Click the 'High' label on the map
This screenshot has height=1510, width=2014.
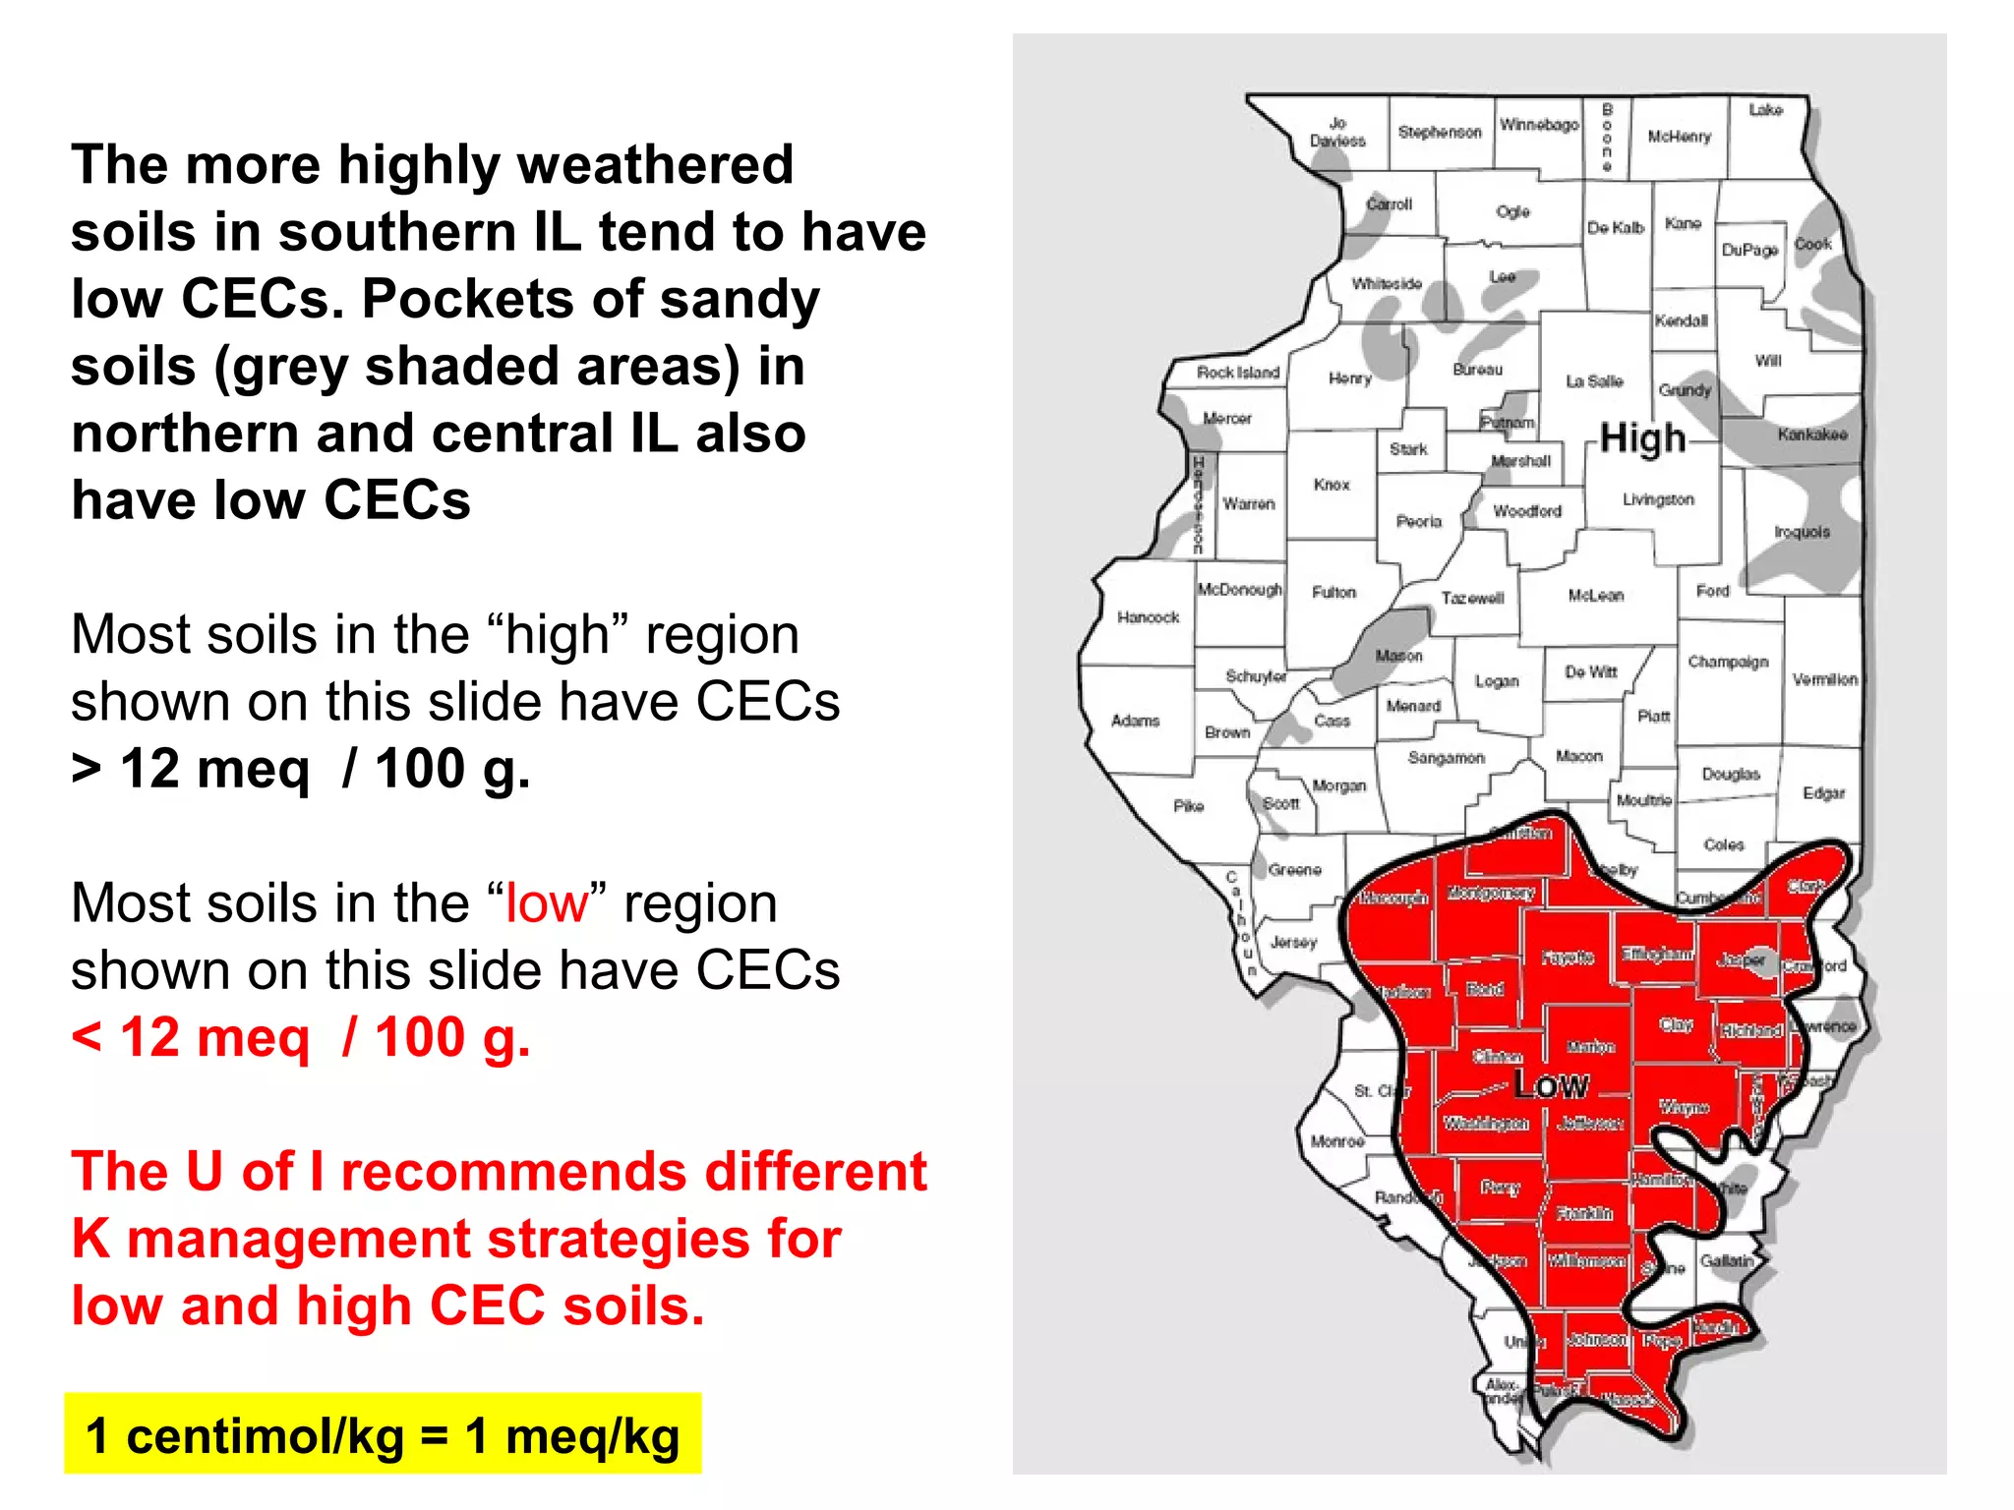[1642, 437]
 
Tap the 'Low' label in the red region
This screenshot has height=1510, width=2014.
[1551, 1085]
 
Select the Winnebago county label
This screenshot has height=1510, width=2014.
[1539, 125]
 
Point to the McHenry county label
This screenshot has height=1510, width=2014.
[1680, 137]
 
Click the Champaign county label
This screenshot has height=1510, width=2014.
[1728, 662]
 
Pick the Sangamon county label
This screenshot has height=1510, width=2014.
[1446, 758]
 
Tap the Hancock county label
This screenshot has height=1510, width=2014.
[1148, 617]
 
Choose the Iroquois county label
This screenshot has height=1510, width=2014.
[1802, 532]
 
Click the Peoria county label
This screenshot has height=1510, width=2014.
[1418, 521]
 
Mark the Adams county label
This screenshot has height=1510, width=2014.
[1135, 721]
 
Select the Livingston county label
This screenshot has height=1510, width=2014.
[1658, 499]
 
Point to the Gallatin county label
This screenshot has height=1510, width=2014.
[1727, 1261]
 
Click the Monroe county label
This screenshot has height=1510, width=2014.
[1336, 1141]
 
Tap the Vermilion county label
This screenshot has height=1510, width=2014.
[1824, 679]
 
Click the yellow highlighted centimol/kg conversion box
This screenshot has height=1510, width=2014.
[383, 1434]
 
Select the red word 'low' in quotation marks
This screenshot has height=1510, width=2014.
[546, 902]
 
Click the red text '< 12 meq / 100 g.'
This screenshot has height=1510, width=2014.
[301, 1037]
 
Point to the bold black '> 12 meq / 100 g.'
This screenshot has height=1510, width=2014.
[301, 768]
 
